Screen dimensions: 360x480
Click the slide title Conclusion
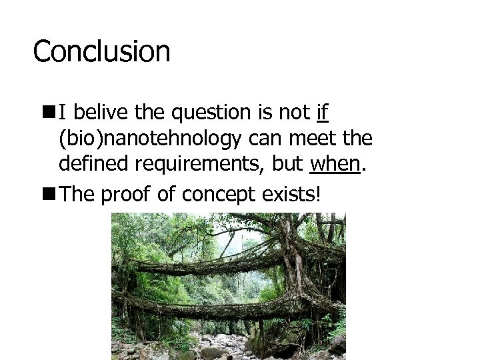[101, 51]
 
